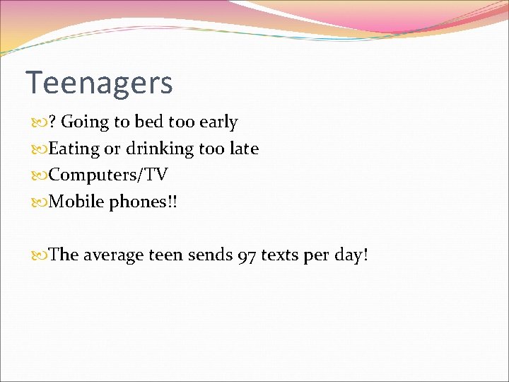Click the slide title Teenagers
click(x=99, y=83)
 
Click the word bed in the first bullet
click(x=148, y=122)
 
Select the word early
click(x=218, y=122)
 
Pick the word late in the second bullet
click(x=244, y=149)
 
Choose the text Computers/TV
click(x=108, y=175)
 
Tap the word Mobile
click(x=76, y=202)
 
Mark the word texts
click(x=280, y=255)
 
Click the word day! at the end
click(x=351, y=255)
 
